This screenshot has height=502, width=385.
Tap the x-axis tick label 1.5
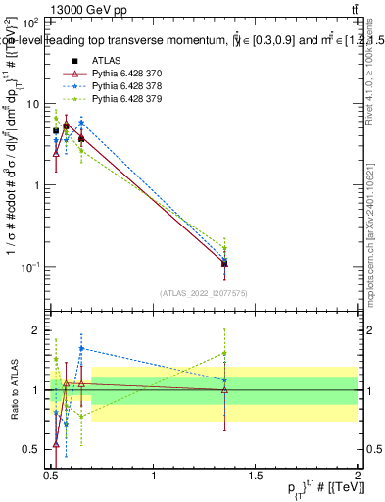pyautogui.click(x=256, y=476)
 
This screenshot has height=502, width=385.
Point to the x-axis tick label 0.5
pyautogui.click(x=52, y=476)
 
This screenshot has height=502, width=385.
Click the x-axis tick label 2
pyautogui.click(x=358, y=476)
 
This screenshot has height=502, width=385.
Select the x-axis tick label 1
pyautogui.click(x=154, y=476)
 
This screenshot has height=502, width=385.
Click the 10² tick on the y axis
pyautogui.click(x=31, y=22)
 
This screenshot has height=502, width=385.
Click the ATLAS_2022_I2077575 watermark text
pyautogui.click(x=203, y=293)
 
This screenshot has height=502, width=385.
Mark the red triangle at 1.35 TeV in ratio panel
pyautogui.click(x=225, y=390)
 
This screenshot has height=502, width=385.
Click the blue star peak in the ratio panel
pyautogui.click(x=81, y=348)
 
